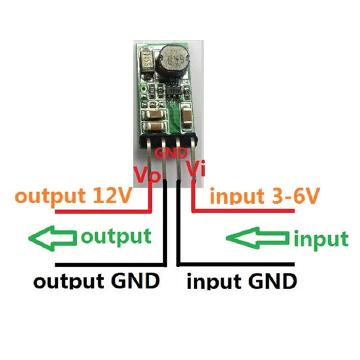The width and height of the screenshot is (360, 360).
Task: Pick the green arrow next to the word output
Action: [x=52, y=238]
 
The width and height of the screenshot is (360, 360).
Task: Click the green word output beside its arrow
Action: [x=115, y=237]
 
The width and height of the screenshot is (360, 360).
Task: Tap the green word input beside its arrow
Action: [x=321, y=238]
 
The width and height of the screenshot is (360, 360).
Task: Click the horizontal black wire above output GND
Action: [x=108, y=263]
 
